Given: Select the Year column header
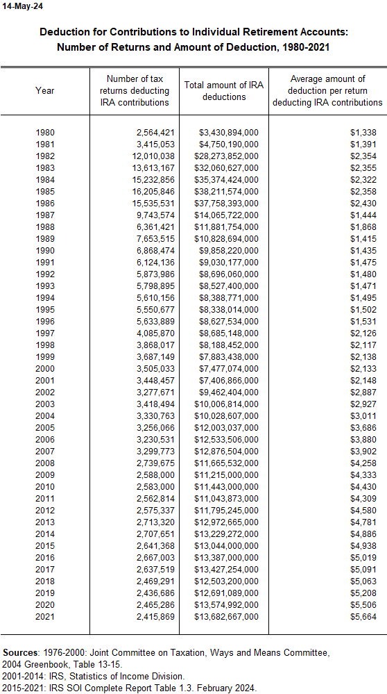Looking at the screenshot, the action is click(x=45, y=90).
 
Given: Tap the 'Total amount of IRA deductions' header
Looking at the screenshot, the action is click(x=224, y=90).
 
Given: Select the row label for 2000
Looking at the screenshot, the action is click(x=45, y=368).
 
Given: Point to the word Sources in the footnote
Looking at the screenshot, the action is click(x=21, y=654).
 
